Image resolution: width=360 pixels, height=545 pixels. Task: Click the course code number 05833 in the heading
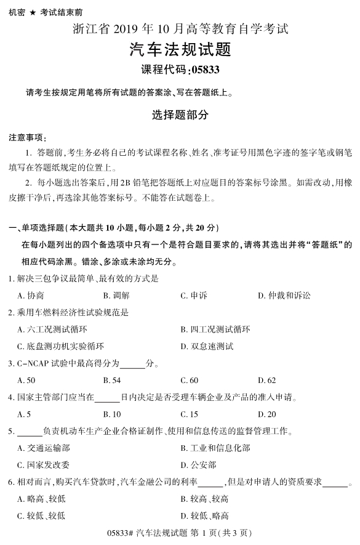tap(203, 69)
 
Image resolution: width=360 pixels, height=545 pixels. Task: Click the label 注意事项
tap(27, 136)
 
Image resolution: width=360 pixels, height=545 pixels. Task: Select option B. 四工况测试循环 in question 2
tap(215, 329)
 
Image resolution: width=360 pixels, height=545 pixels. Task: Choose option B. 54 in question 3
tap(111, 380)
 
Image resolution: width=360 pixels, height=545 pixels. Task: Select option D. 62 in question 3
tap(266, 380)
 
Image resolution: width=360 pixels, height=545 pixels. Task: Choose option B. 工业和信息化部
tap(215, 448)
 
